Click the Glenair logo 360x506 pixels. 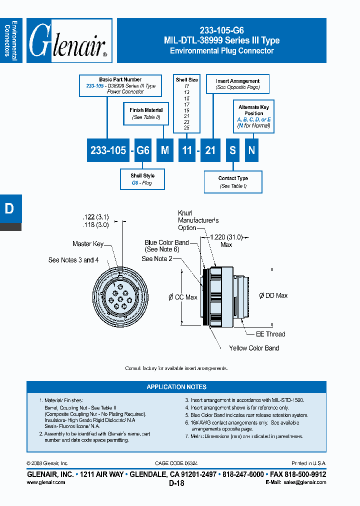[x=68, y=40]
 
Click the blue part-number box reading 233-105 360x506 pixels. [x=108, y=150]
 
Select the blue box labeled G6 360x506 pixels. [x=143, y=150]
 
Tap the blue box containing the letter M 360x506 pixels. [x=164, y=150]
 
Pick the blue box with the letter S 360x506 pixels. [x=232, y=150]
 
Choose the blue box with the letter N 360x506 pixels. [x=252, y=150]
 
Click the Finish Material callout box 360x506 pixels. [x=146, y=113]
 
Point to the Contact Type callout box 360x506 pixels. [x=233, y=182]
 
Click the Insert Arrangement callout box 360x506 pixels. [x=238, y=83]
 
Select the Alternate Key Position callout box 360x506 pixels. [x=254, y=116]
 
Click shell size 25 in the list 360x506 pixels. [x=186, y=128]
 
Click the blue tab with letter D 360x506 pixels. [x=10, y=209]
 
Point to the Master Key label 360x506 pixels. [x=88, y=244]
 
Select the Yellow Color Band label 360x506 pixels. [x=254, y=348]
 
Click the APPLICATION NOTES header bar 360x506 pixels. [x=176, y=386]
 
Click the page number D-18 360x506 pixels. [x=176, y=483]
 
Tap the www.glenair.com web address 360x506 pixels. [x=45, y=482]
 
